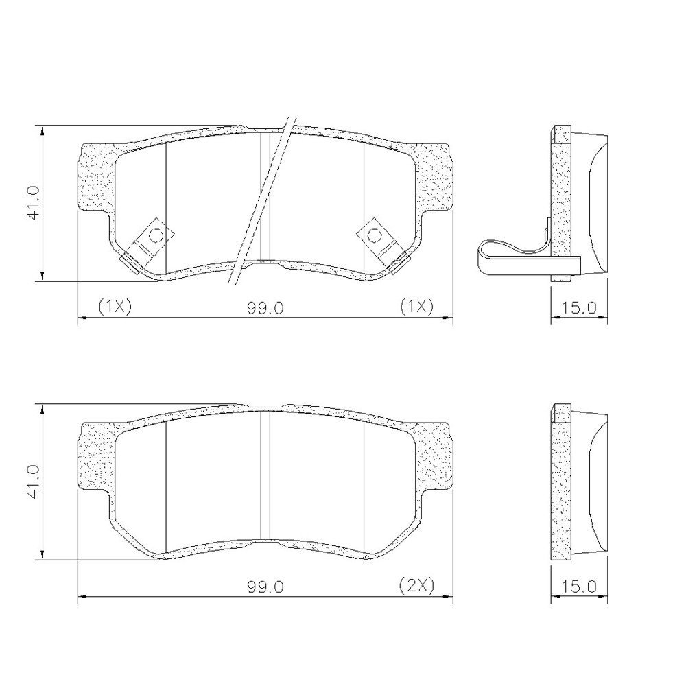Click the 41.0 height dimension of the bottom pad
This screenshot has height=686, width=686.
pyautogui.click(x=34, y=482)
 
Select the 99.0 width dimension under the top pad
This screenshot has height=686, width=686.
pyautogui.click(x=265, y=308)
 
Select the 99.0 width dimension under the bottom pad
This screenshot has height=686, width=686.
pyautogui.click(x=265, y=587)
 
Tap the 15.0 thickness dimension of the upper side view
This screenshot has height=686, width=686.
pyautogui.click(x=579, y=307)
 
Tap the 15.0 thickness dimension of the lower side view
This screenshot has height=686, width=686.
pyautogui.click(x=579, y=587)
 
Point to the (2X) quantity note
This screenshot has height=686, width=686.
pyautogui.click(x=416, y=585)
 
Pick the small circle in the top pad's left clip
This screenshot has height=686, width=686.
pyautogui.click(x=156, y=235)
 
